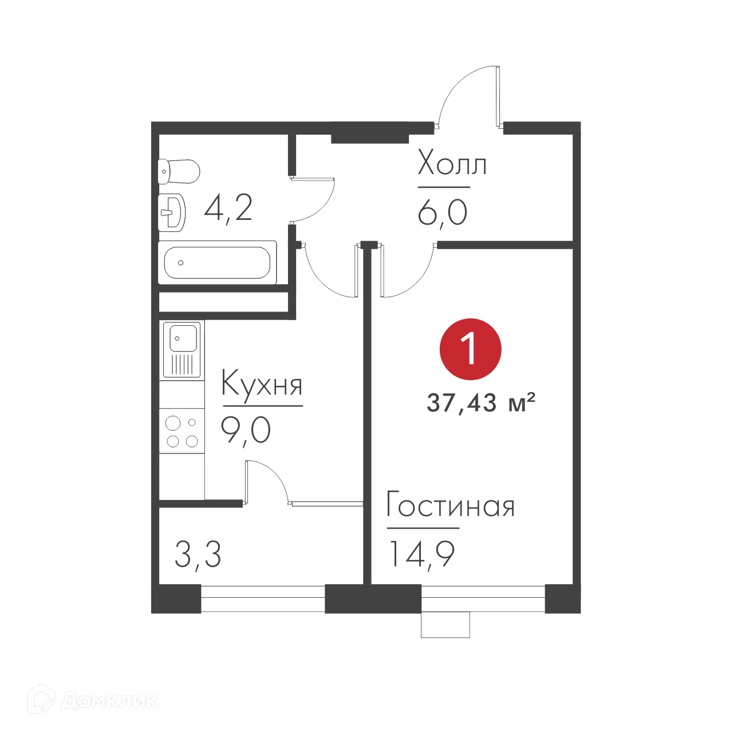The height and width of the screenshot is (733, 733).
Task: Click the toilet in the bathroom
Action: click(179, 171)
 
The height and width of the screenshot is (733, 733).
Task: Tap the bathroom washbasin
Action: click(172, 212)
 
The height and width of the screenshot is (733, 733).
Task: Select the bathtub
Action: click(217, 263)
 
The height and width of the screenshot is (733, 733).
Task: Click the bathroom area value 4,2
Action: click(228, 208)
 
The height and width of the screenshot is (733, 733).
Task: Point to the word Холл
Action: click(452, 164)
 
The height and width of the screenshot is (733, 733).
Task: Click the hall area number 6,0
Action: click(442, 213)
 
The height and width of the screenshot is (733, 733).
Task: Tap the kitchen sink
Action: click(182, 349)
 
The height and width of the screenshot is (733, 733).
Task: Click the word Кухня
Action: click(262, 384)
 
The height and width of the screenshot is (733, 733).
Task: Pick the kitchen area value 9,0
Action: click(246, 430)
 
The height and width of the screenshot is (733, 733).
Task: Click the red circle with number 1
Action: click(470, 349)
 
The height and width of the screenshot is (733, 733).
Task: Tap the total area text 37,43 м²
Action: click(480, 403)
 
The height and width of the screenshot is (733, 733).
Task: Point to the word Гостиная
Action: click(451, 506)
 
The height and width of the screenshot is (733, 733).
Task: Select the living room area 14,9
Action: click(421, 554)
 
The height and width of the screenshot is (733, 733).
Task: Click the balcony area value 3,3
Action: click(198, 554)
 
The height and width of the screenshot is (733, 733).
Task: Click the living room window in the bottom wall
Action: click(483, 598)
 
